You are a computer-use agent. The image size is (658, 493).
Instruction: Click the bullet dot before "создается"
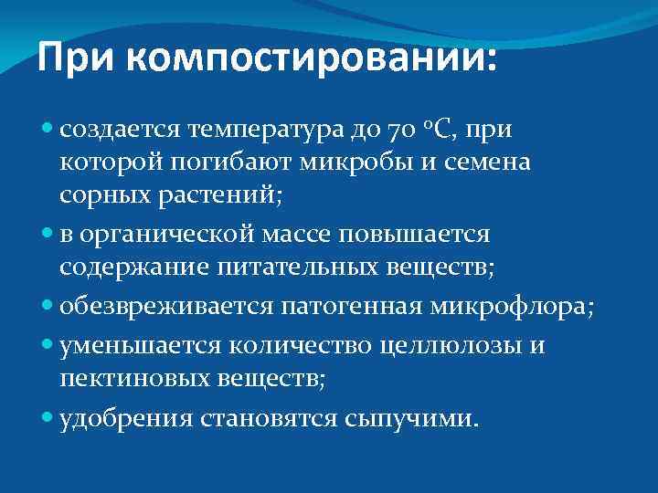click(x=48, y=130)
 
